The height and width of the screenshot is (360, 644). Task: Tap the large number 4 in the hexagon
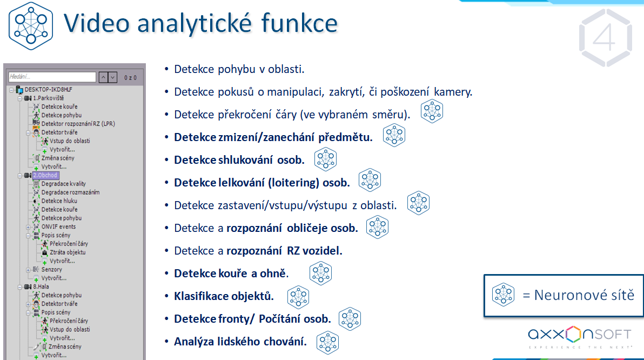605,37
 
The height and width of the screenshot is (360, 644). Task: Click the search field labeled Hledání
52,77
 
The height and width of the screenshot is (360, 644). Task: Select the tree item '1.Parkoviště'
49,98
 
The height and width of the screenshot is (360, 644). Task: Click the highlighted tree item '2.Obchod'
45,175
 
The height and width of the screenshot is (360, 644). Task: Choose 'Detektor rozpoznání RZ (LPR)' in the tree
78,124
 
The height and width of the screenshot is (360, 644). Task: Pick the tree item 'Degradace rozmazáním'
70,192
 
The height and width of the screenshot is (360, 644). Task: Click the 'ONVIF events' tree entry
58,226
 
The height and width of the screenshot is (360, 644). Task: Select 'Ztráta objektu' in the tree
68,252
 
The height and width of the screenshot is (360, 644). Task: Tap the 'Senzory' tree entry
51,270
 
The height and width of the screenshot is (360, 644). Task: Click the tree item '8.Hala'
42,286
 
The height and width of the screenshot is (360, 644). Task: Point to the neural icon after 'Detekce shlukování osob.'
326,159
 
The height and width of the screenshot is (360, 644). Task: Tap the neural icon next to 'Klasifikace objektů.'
298,296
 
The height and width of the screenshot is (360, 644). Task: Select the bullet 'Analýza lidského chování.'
240,342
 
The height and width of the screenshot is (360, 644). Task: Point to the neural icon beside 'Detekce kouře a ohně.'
320,274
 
